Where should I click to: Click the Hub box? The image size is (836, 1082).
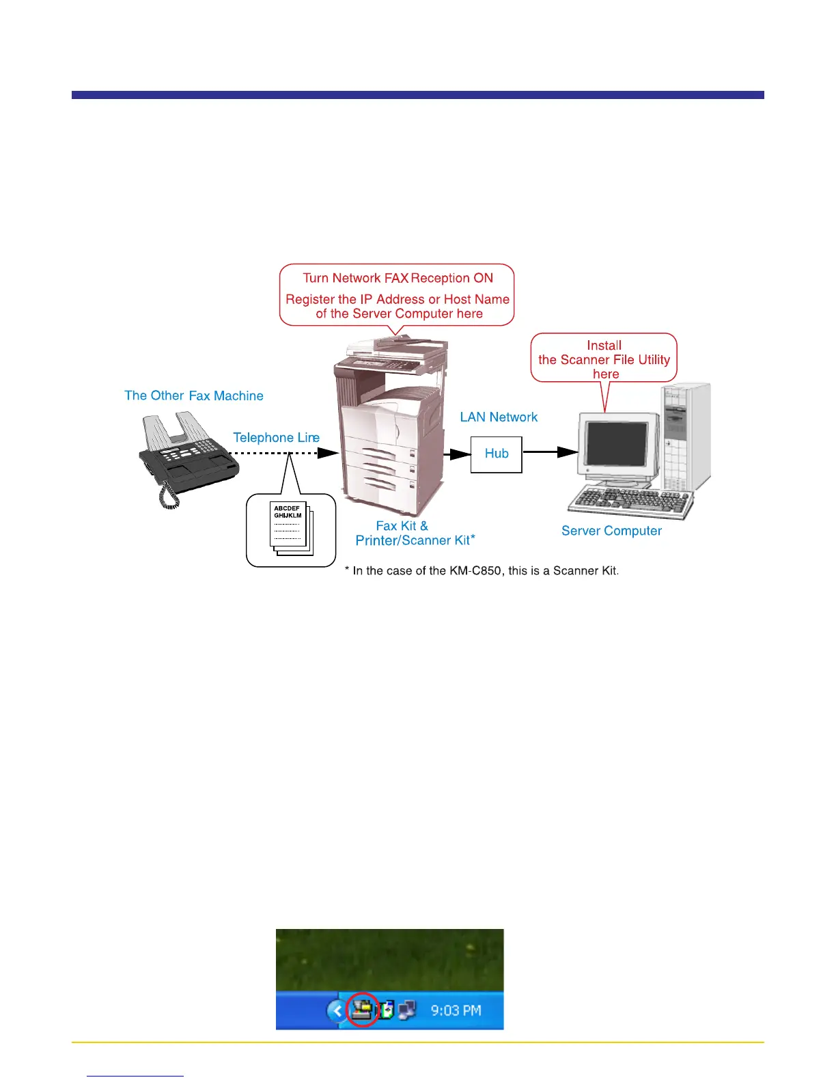click(x=497, y=454)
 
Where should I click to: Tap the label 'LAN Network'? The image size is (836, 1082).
click(x=499, y=417)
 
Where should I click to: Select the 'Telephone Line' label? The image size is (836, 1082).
click(x=276, y=438)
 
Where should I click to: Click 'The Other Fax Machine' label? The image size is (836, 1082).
click(x=194, y=396)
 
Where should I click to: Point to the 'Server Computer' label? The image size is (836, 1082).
click(x=611, y=531)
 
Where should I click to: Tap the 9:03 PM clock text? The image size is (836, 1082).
click(x=456, y=1010)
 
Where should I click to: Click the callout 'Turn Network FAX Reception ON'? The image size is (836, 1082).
click(x=398, y=279)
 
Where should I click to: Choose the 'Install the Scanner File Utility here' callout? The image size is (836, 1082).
click(x=604, y=359)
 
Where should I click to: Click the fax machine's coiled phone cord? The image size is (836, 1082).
click(x=169, y=495)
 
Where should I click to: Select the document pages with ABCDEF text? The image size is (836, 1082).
click(x=290, y=528)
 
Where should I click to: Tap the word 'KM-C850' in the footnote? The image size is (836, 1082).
click(x=476, y=571)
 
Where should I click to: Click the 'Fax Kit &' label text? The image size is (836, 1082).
click(x=402, y=526)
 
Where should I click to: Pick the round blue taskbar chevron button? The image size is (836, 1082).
click(x=336, y=1010)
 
